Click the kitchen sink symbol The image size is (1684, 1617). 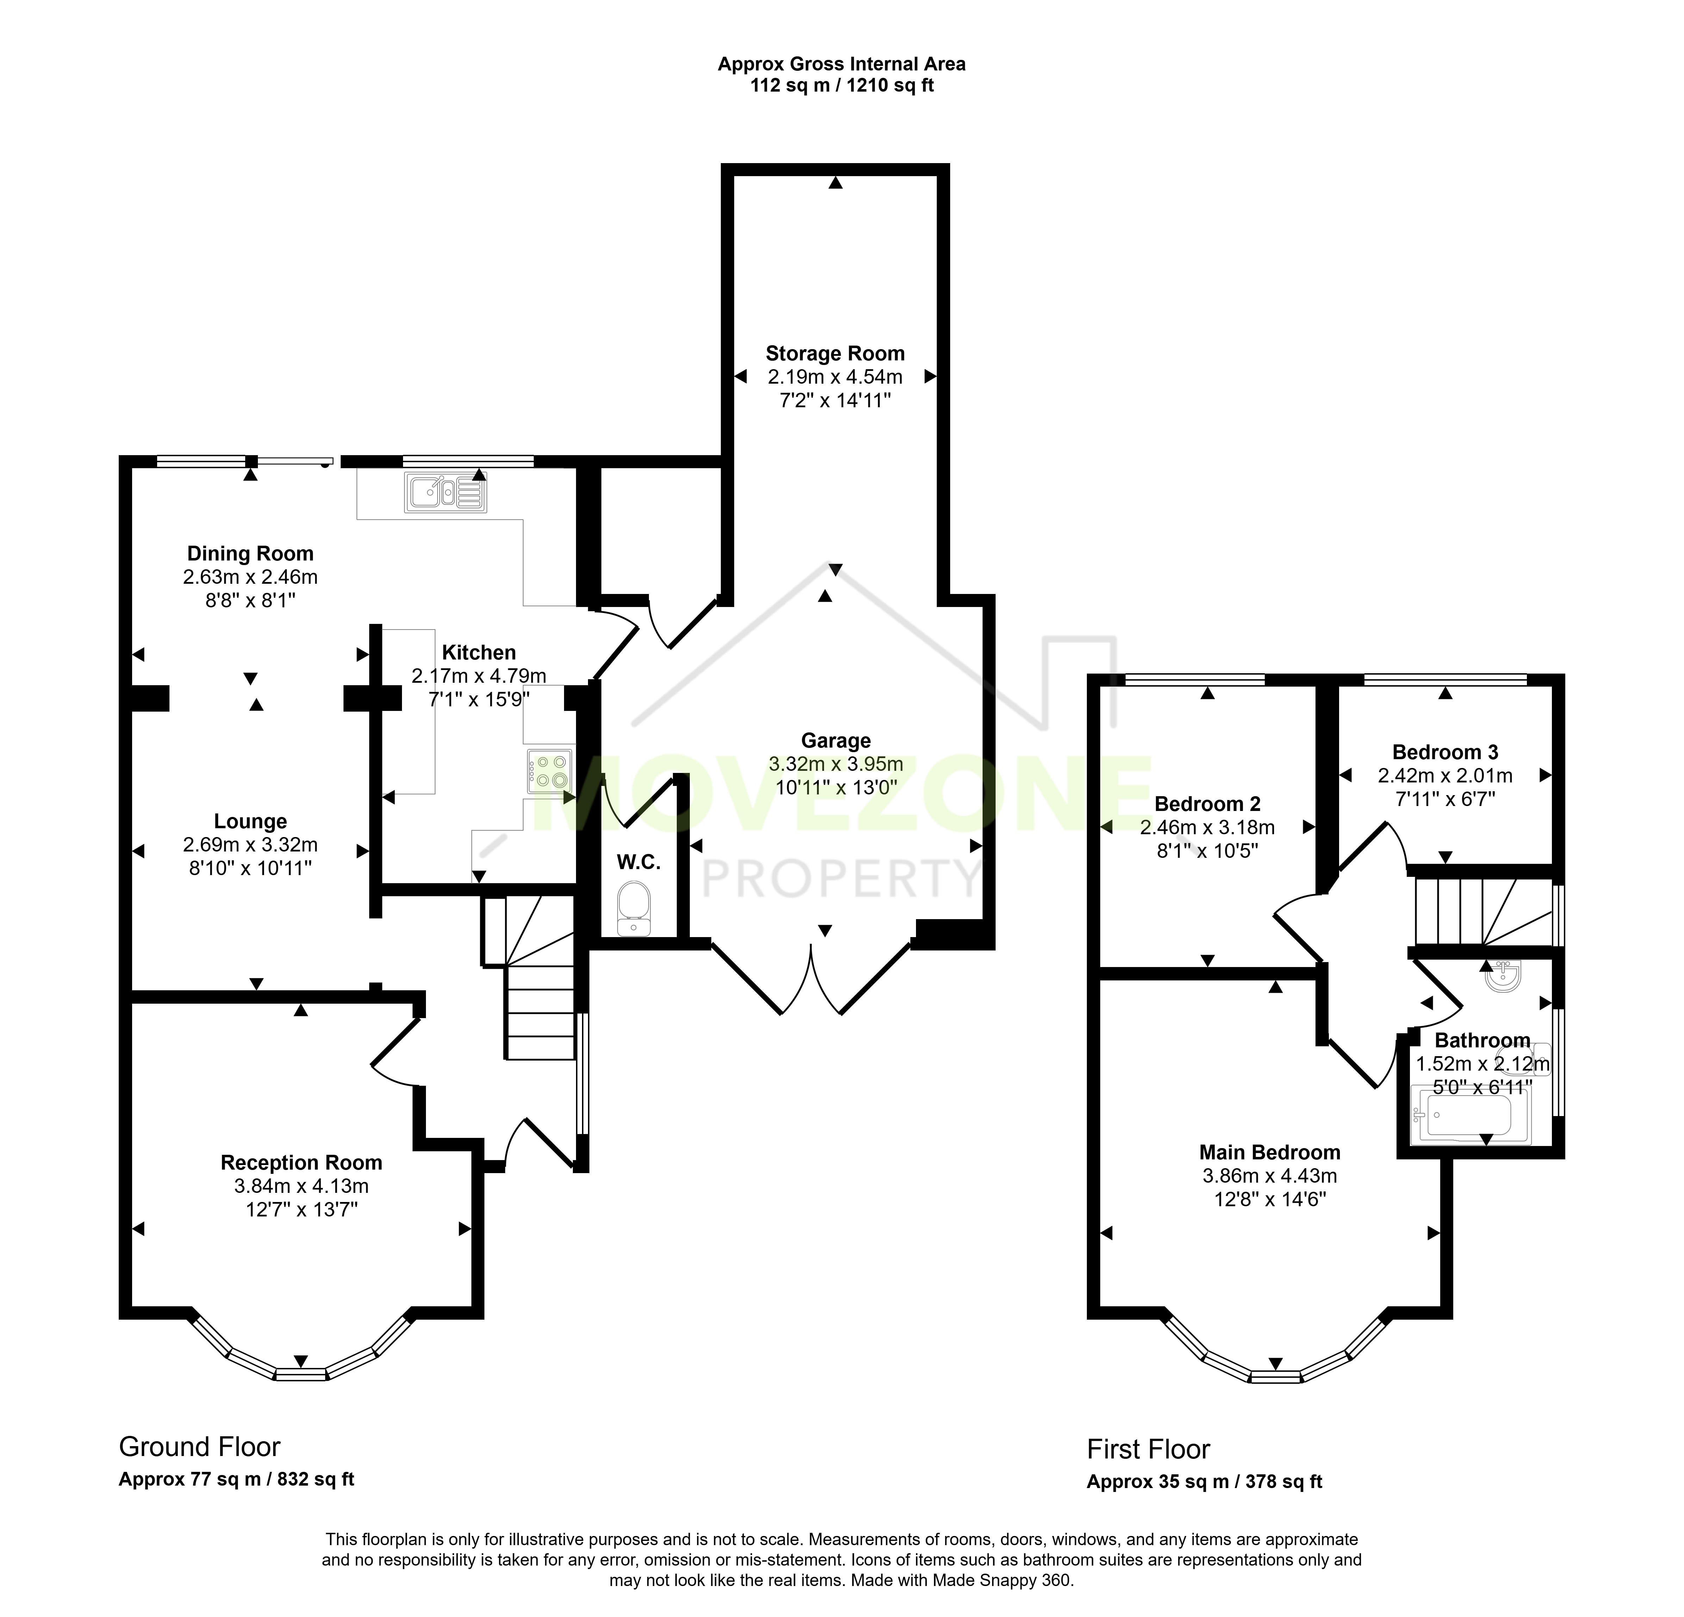pos(446,493)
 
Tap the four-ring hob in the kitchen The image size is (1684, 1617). pos(551,770)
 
